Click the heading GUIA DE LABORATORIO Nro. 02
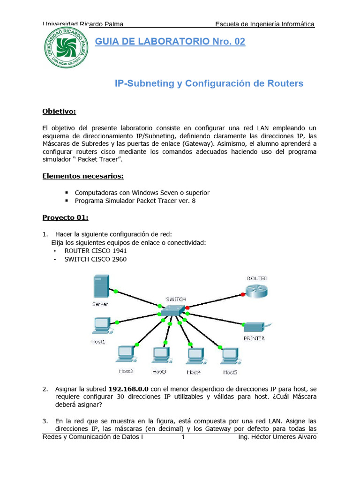[x=170, y=42]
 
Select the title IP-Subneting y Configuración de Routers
[x=209, y=83]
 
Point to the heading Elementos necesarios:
[x=83, y=176]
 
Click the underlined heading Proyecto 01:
[x=65, y=217]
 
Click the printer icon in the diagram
[x=255, y=328]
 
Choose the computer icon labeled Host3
[x=160, y=356]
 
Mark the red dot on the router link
[x=242, y=294]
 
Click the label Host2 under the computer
[x=125, y=371]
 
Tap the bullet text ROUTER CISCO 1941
[x=96, y=250]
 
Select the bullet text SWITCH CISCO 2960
[x=95, y=259]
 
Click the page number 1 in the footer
[x=183, y=437]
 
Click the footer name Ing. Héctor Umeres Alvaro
[x=277, y=437]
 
